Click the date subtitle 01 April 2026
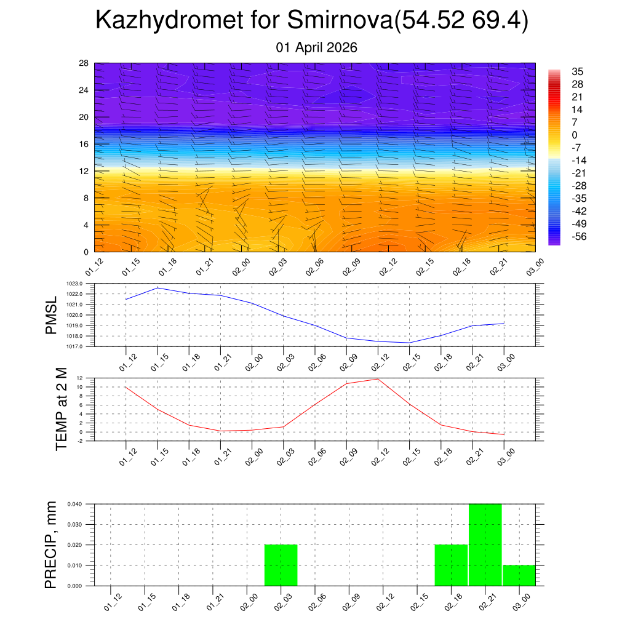[x=317, y=47]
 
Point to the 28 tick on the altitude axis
[x=84, y=63]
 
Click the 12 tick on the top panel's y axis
[x=84, y=171]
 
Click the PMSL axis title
[x=51, y=315]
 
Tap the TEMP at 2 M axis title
[x=62, y=409]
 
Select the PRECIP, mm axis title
[x=51, y=544]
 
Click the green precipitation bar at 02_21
[x=485, y=544]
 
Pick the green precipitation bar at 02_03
[x=281, y=565]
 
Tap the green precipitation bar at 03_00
[x=519, y=575]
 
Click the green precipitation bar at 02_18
[x=451, y=565]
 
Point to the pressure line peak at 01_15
[x=157, y=288]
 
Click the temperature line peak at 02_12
[x=378, y=379]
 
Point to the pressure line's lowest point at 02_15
[x=409, y=343]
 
